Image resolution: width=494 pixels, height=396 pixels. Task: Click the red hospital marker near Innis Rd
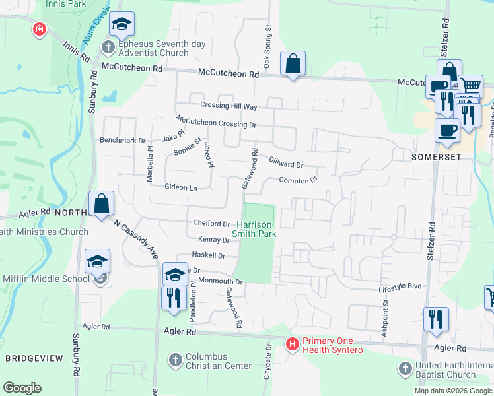pyautogui.click(x=40, y=30)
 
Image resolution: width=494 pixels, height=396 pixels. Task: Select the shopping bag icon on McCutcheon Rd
pyautogui.click(x=292, y=65)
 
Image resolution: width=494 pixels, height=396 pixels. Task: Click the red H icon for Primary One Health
pyautogui.click(x=292, y=344)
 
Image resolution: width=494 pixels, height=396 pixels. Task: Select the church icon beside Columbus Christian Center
pyautogui.click(x=175, y=360)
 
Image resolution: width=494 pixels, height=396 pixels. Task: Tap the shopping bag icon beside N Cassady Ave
pyautogui.click(x=102, y=204)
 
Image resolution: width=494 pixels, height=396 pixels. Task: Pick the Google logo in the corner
pyautogui.click(x=22, y=388)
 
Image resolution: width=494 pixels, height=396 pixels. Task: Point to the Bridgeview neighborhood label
pyautogui.click(x=34, y=358)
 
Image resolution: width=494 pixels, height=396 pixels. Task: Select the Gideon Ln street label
pyautogui.click(x=181, y=188)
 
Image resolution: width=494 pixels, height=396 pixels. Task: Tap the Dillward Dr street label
pyautogui.click(x=285, y=161)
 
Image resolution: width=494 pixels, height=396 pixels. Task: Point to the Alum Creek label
pyautogui.click(x=92, y=30)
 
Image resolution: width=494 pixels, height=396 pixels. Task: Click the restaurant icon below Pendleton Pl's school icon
pyautogui.click(x=173, y=297)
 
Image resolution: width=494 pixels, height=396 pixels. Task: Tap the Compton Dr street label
pyautogui.click(x=298, y=180)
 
